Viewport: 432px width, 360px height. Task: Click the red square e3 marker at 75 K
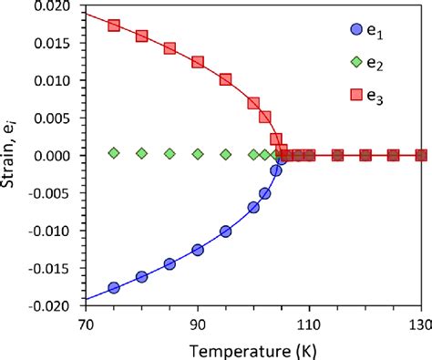pos(114,26)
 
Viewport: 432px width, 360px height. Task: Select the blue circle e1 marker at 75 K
pos(114,288)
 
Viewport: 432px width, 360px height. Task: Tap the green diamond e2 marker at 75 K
pos(114,153)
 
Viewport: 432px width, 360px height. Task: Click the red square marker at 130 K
pos(421,156)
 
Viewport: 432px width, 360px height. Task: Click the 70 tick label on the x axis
pos(85,324)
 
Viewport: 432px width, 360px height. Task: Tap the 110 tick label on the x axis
pos(309,324)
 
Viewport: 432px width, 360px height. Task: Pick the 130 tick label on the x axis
pos(420,324)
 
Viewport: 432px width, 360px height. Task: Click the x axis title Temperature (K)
pos(252,349)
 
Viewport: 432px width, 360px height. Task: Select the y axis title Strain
pos(12,156)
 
